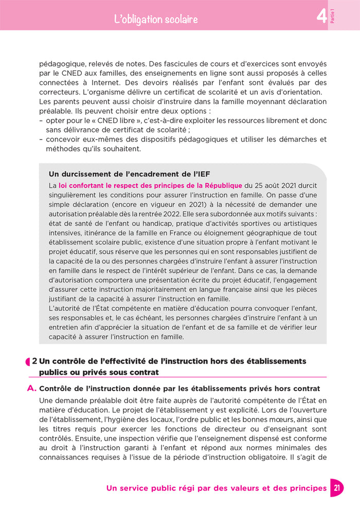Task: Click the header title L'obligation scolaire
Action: [x=156, y=20]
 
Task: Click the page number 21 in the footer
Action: [x=335, y=488]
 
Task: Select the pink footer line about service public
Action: [x=216, y=488]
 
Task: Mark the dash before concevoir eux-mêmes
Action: [x=41, y=139]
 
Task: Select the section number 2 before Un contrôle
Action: [x=34, y=362]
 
